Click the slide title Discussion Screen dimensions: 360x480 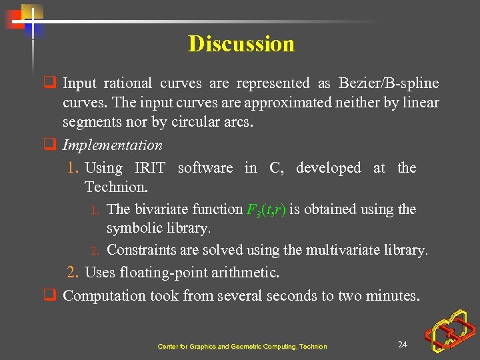coord(241,44)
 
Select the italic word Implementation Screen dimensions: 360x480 coord(112,145)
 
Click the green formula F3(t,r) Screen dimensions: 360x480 coord(266,210)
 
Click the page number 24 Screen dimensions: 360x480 coord(402,344)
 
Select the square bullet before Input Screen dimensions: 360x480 coord(49,83)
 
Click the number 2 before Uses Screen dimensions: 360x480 coord(73,273)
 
